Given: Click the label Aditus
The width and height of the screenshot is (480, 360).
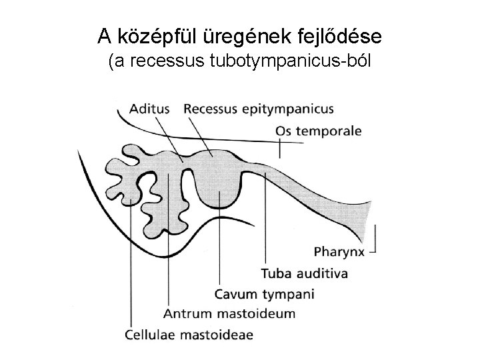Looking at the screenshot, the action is coord(150,108).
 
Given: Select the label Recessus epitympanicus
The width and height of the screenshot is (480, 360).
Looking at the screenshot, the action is coord(259,108).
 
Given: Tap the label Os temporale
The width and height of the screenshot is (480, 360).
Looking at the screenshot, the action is coord(319,131).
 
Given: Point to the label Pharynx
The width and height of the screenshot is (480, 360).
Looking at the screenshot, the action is coord(339,252).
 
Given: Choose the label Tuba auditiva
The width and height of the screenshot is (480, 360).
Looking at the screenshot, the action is coord(304,273).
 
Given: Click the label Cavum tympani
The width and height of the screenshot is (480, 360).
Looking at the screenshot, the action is coord(265,294).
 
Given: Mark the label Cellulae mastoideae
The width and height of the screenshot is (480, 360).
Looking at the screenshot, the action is coord(189,335).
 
